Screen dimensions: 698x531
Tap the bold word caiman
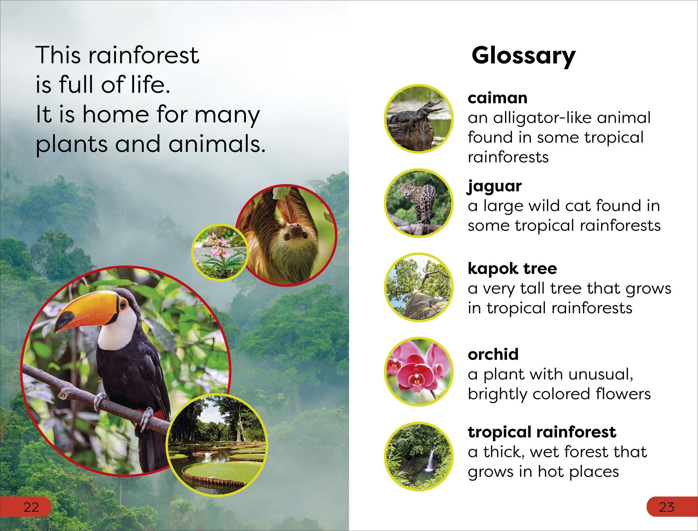[x=497, y=98]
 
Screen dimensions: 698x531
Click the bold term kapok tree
[x=512, y=268]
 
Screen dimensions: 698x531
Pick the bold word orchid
[x=493, y=354]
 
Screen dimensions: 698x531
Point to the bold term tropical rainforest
[x=542, y=433]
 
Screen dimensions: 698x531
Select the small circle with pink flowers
[x=220, y=252]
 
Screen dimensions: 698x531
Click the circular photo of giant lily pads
[x=217, y=444]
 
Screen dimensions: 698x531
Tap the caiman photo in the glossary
[x=419, y=119]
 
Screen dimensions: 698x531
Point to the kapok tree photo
[x=419, y=287]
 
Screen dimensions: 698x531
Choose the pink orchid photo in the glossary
[x=419, y=371]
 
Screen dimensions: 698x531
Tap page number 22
[x=31, y=507]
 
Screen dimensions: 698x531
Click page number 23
[x=666, y=507]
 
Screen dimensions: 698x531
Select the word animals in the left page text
[x=217, y=144]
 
